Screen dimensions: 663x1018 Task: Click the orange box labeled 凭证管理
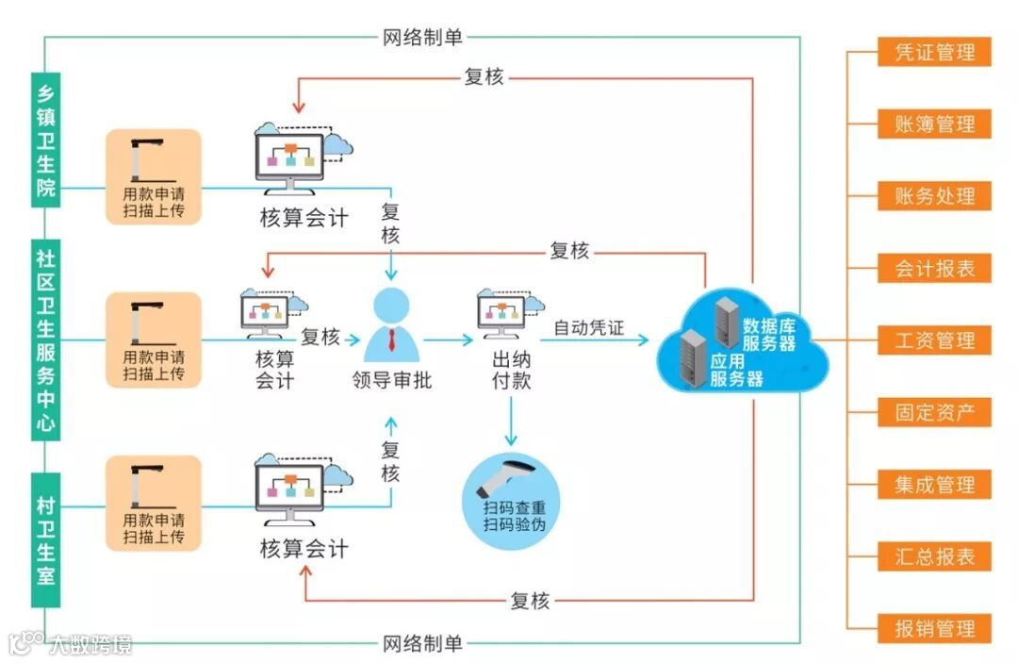click(934, 52)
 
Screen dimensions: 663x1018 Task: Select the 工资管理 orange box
click(934, 340)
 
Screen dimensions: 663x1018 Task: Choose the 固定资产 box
click(934, 412)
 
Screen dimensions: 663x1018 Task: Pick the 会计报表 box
click(934, 269)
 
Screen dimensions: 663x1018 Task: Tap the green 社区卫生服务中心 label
click(45, 340)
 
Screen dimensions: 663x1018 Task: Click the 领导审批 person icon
click(391, 325)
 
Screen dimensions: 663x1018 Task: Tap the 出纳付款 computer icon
click(510, 314)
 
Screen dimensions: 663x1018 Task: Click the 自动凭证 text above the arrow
click(588, 328)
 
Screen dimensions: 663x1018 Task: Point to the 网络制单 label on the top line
click(423, 38)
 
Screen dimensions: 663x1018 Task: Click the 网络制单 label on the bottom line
click(423, 644)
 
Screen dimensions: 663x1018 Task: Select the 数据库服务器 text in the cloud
click(769, 334)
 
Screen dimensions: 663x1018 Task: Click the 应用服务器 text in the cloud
click(735, 371)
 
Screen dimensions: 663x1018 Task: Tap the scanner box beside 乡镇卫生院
click(154, 177)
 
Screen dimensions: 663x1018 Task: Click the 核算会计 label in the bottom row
click(304, 549)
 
